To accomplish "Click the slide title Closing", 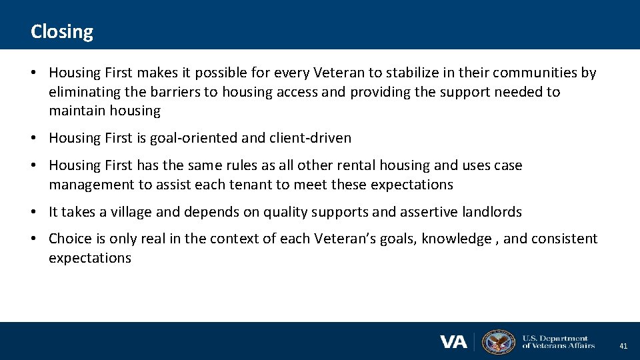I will (x=62, y=31).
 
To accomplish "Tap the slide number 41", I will (x=623, y=346).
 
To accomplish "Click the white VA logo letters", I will (x=453, y=342).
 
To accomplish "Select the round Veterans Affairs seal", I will (x=498, y=341).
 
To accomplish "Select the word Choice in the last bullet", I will (x=70, y=239).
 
